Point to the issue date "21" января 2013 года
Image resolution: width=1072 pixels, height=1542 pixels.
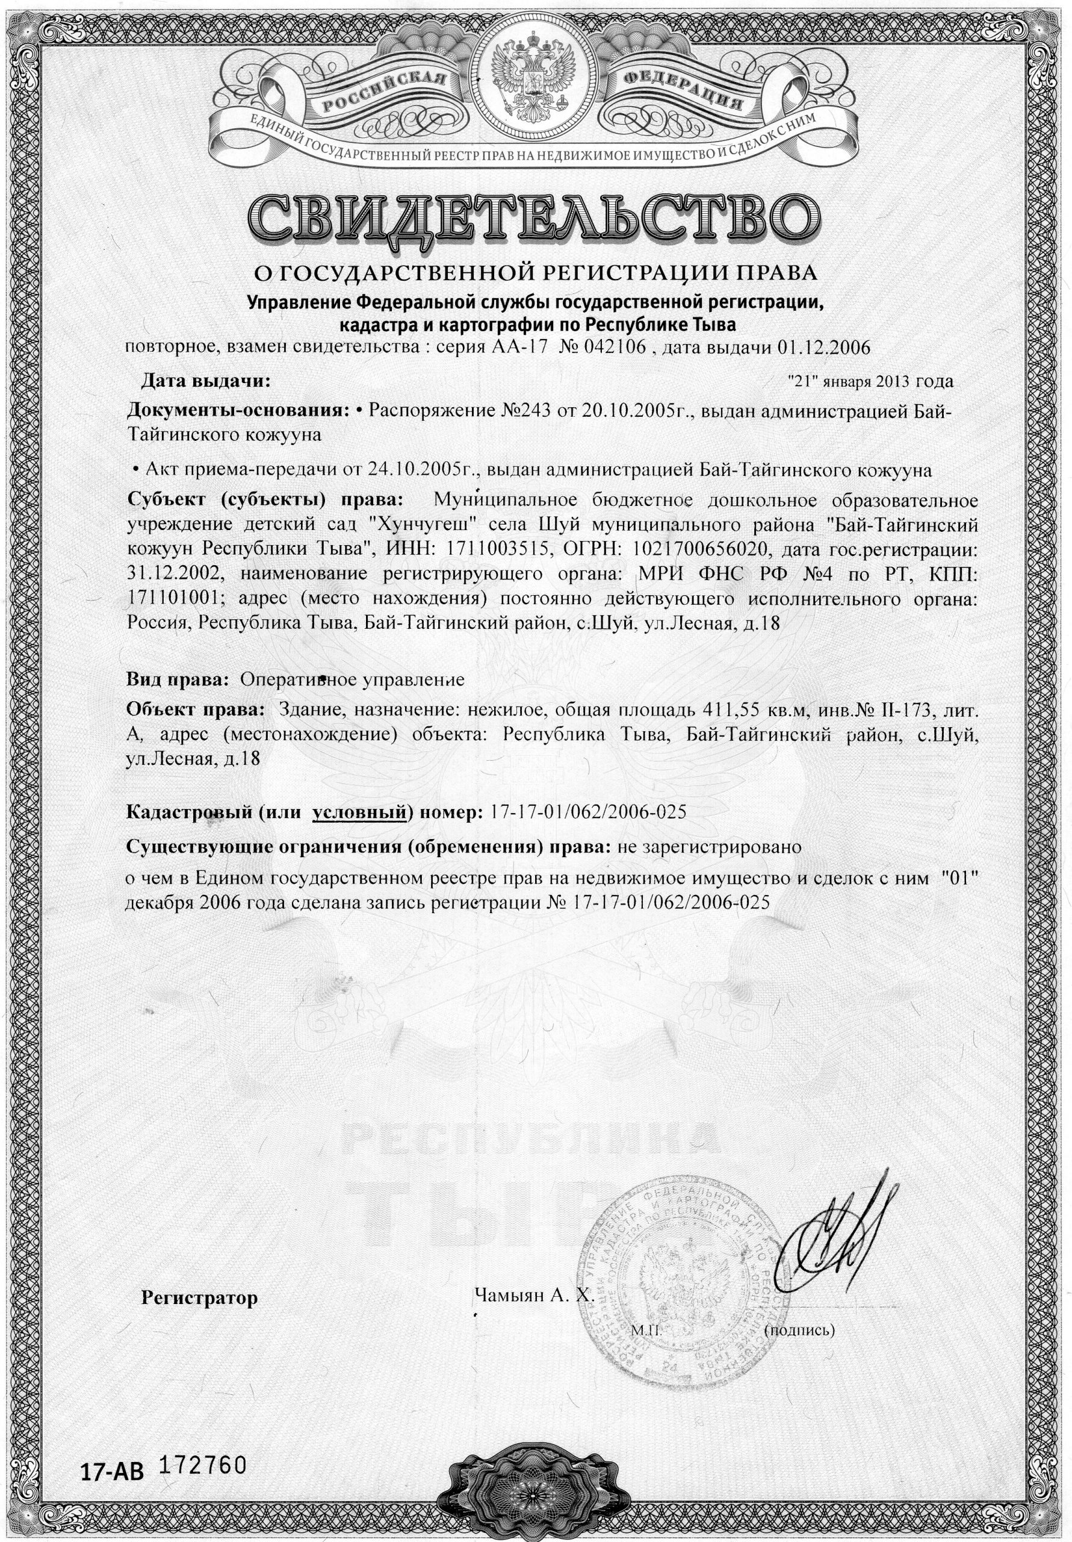[870, 381]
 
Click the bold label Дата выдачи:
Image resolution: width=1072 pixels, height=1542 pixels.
[205, 381]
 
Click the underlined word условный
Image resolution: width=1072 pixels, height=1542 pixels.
[360, 812]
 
